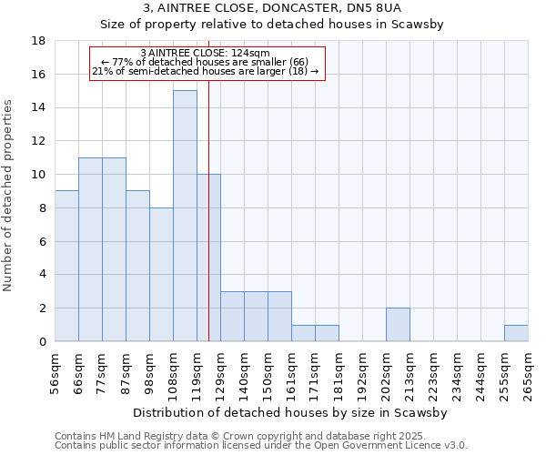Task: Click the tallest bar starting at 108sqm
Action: tap(185, 216)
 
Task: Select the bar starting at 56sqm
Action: tap(66, 266)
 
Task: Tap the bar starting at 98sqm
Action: tap(161, 274)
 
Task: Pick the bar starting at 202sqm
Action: tap(398, 324)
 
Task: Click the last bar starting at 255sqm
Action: tap(516, 333)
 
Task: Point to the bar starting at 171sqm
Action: tap(327, 333)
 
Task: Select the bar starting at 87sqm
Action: tap(137, 266)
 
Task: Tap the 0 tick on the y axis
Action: tap(43, 342)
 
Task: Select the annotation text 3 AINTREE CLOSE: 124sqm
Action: tap(206, 53)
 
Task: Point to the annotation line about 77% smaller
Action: tap(206, 62)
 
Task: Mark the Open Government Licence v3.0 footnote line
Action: tap(261, 446)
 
